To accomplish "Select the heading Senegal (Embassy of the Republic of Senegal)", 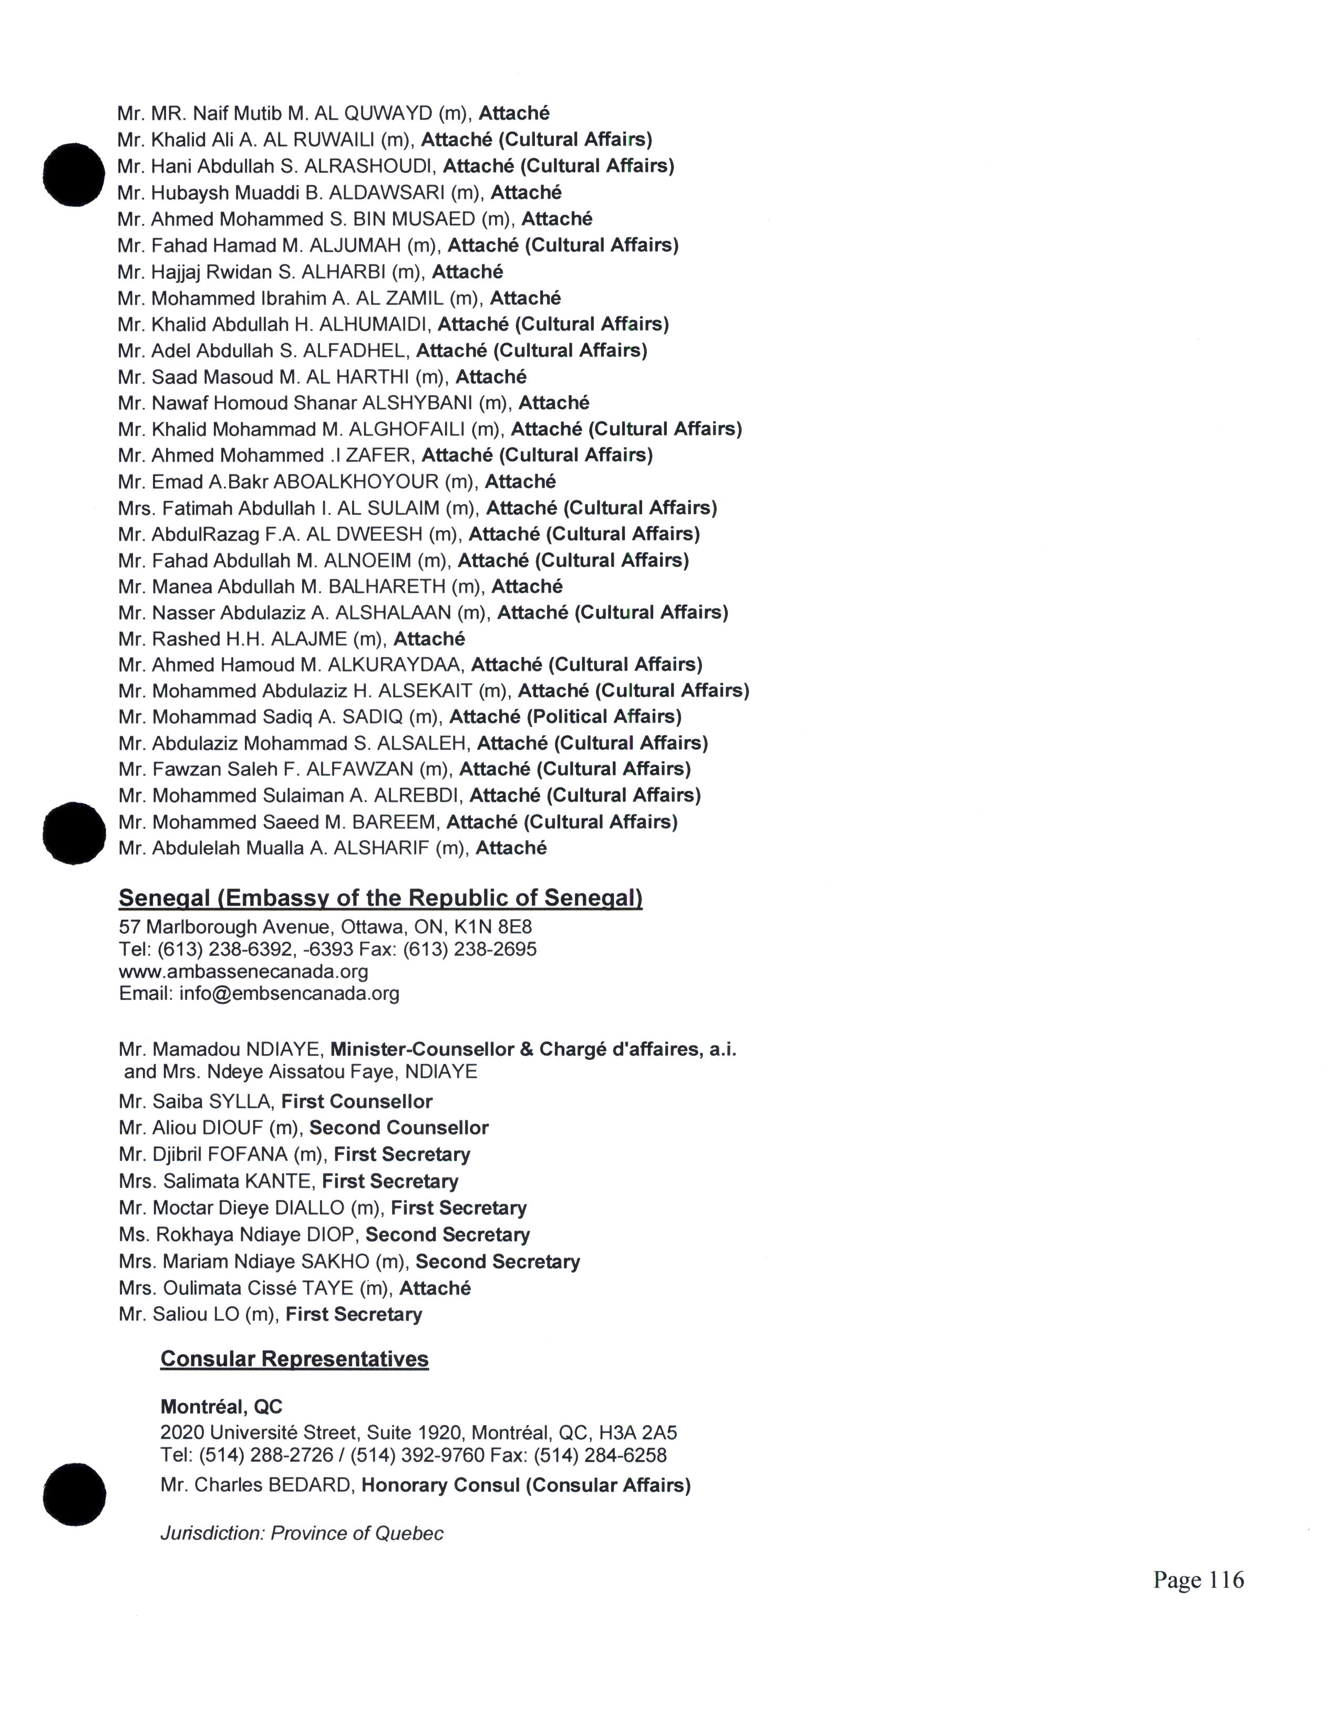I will (380, 898).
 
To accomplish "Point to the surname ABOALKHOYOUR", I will (356, 482).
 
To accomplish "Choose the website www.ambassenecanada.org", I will (244, 971).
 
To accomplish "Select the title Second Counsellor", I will (398, 1128).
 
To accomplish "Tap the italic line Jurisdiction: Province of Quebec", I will (302, 1533).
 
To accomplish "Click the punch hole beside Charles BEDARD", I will (74, 1495).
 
